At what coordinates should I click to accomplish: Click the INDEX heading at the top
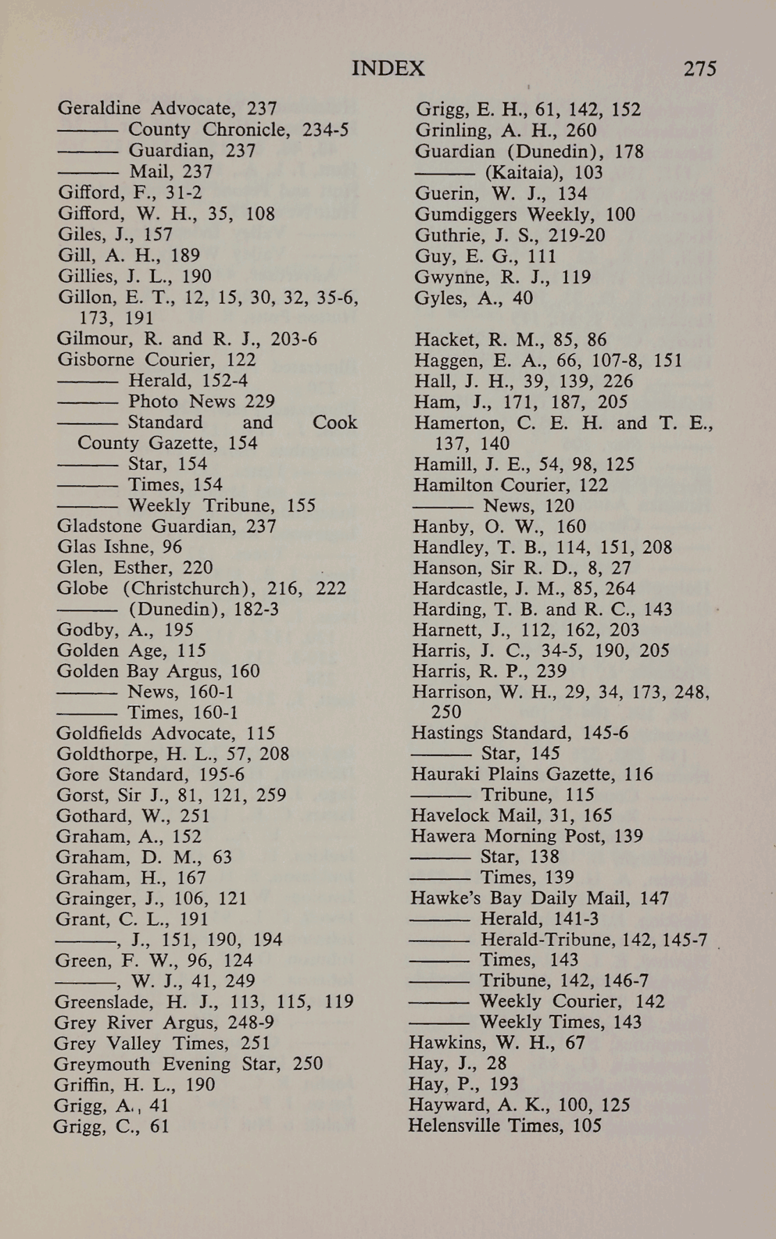388,68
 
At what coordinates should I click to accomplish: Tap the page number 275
699,68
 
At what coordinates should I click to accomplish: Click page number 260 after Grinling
580,131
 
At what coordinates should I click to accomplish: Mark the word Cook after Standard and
334,423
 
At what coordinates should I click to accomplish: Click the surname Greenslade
104,1002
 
